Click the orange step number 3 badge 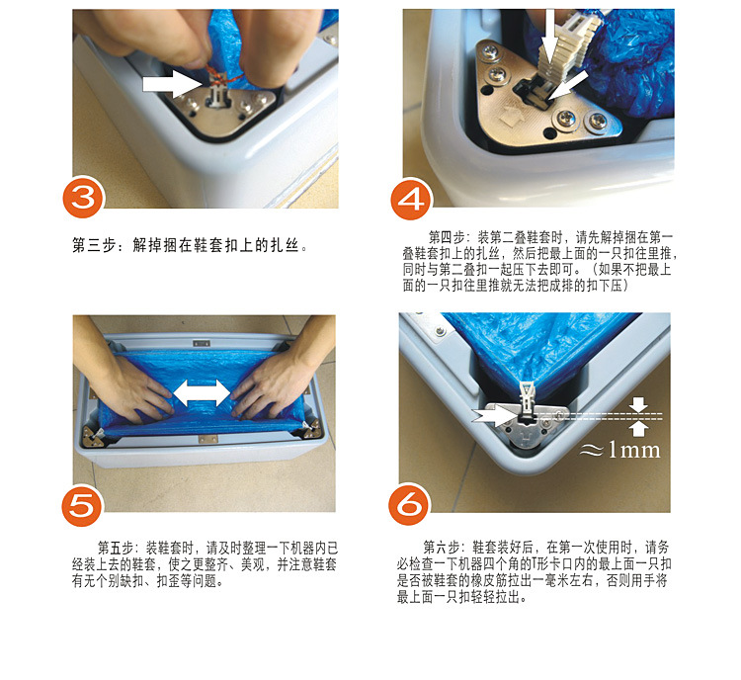[83, 197]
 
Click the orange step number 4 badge [411, 199]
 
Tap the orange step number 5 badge [82, 505]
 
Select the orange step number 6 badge [409, 504]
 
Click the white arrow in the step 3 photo [172, 84]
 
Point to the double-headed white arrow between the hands [202, 392]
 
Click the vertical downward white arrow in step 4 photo [549, 36]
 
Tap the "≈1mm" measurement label [619, 450]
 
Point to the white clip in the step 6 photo [526, 398]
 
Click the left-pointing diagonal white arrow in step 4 [569, 85]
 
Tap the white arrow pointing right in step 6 [494, 416]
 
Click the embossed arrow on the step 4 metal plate [512, 115]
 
